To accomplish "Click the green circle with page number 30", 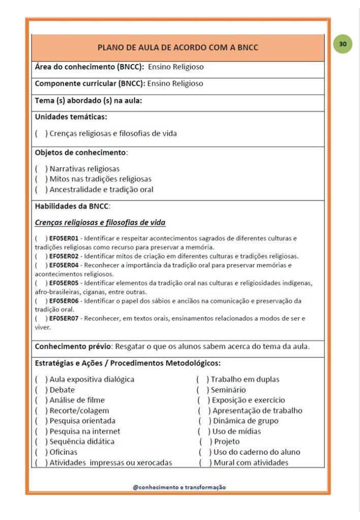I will coord(343,44).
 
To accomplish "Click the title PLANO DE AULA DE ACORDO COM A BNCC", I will coord(178,48).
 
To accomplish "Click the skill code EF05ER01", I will coord(64,238).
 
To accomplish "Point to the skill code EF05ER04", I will coord(64,265).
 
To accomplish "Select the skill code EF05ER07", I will coord(64,318).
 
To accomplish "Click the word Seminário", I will coord(228,390).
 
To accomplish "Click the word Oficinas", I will coord(63,452).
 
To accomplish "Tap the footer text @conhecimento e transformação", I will coord(179,487).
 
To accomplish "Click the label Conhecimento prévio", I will coord(73,347).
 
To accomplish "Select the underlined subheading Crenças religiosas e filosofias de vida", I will coord(100,222).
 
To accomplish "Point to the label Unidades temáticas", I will coord(71,117).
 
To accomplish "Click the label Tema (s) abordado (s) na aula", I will coord(88,101).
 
